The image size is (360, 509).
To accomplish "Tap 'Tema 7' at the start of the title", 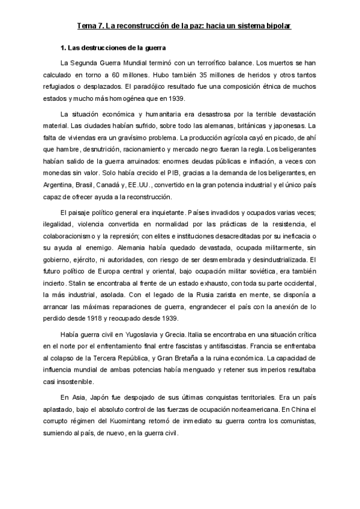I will click(90, 27).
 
